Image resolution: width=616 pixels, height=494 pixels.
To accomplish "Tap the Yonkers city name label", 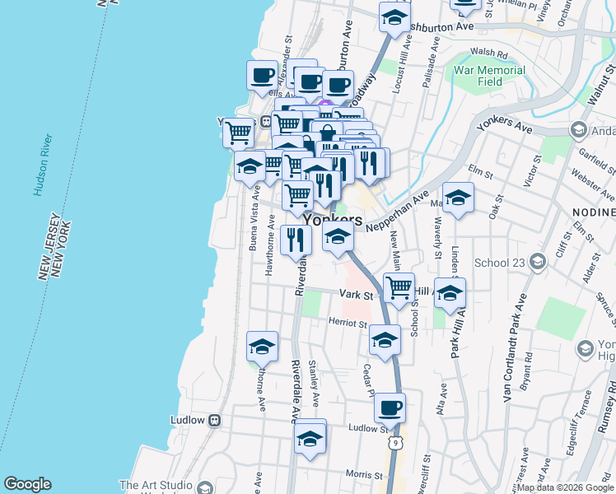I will [x=333, y=221].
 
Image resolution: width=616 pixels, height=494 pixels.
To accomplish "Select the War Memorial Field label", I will [x=489, y=77].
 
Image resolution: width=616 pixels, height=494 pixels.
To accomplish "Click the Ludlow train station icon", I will [x=215, y=420].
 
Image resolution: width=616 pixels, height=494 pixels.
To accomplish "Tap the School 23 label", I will [x=500, y=263].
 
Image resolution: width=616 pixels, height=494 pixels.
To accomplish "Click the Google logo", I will [x=27, y=484].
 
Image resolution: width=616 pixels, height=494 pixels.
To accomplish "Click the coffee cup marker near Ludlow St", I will [x=390, y=408].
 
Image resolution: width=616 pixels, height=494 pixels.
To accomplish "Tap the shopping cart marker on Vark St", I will [x=399, y=289].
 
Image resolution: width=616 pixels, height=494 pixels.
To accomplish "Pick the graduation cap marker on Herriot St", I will [x=385, y=338].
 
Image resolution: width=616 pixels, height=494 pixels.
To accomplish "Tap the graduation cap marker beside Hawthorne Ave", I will [x=262, y=346].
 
